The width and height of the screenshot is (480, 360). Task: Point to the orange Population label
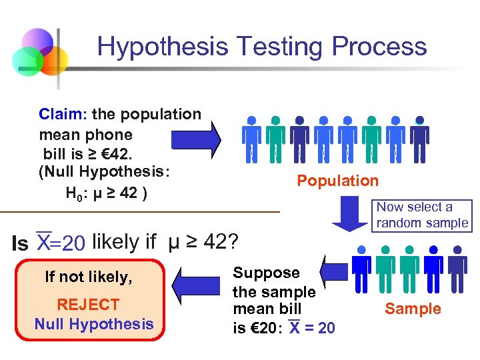337,181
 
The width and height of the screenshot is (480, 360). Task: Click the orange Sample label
413,309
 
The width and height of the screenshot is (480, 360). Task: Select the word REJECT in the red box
88,305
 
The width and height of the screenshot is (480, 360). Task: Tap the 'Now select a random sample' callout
422,215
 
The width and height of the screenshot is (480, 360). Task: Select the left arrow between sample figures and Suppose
333,271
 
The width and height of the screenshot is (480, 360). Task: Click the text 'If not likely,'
89,277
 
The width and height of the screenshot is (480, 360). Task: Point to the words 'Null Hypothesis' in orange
94,325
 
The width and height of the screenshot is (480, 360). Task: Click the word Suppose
266,273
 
